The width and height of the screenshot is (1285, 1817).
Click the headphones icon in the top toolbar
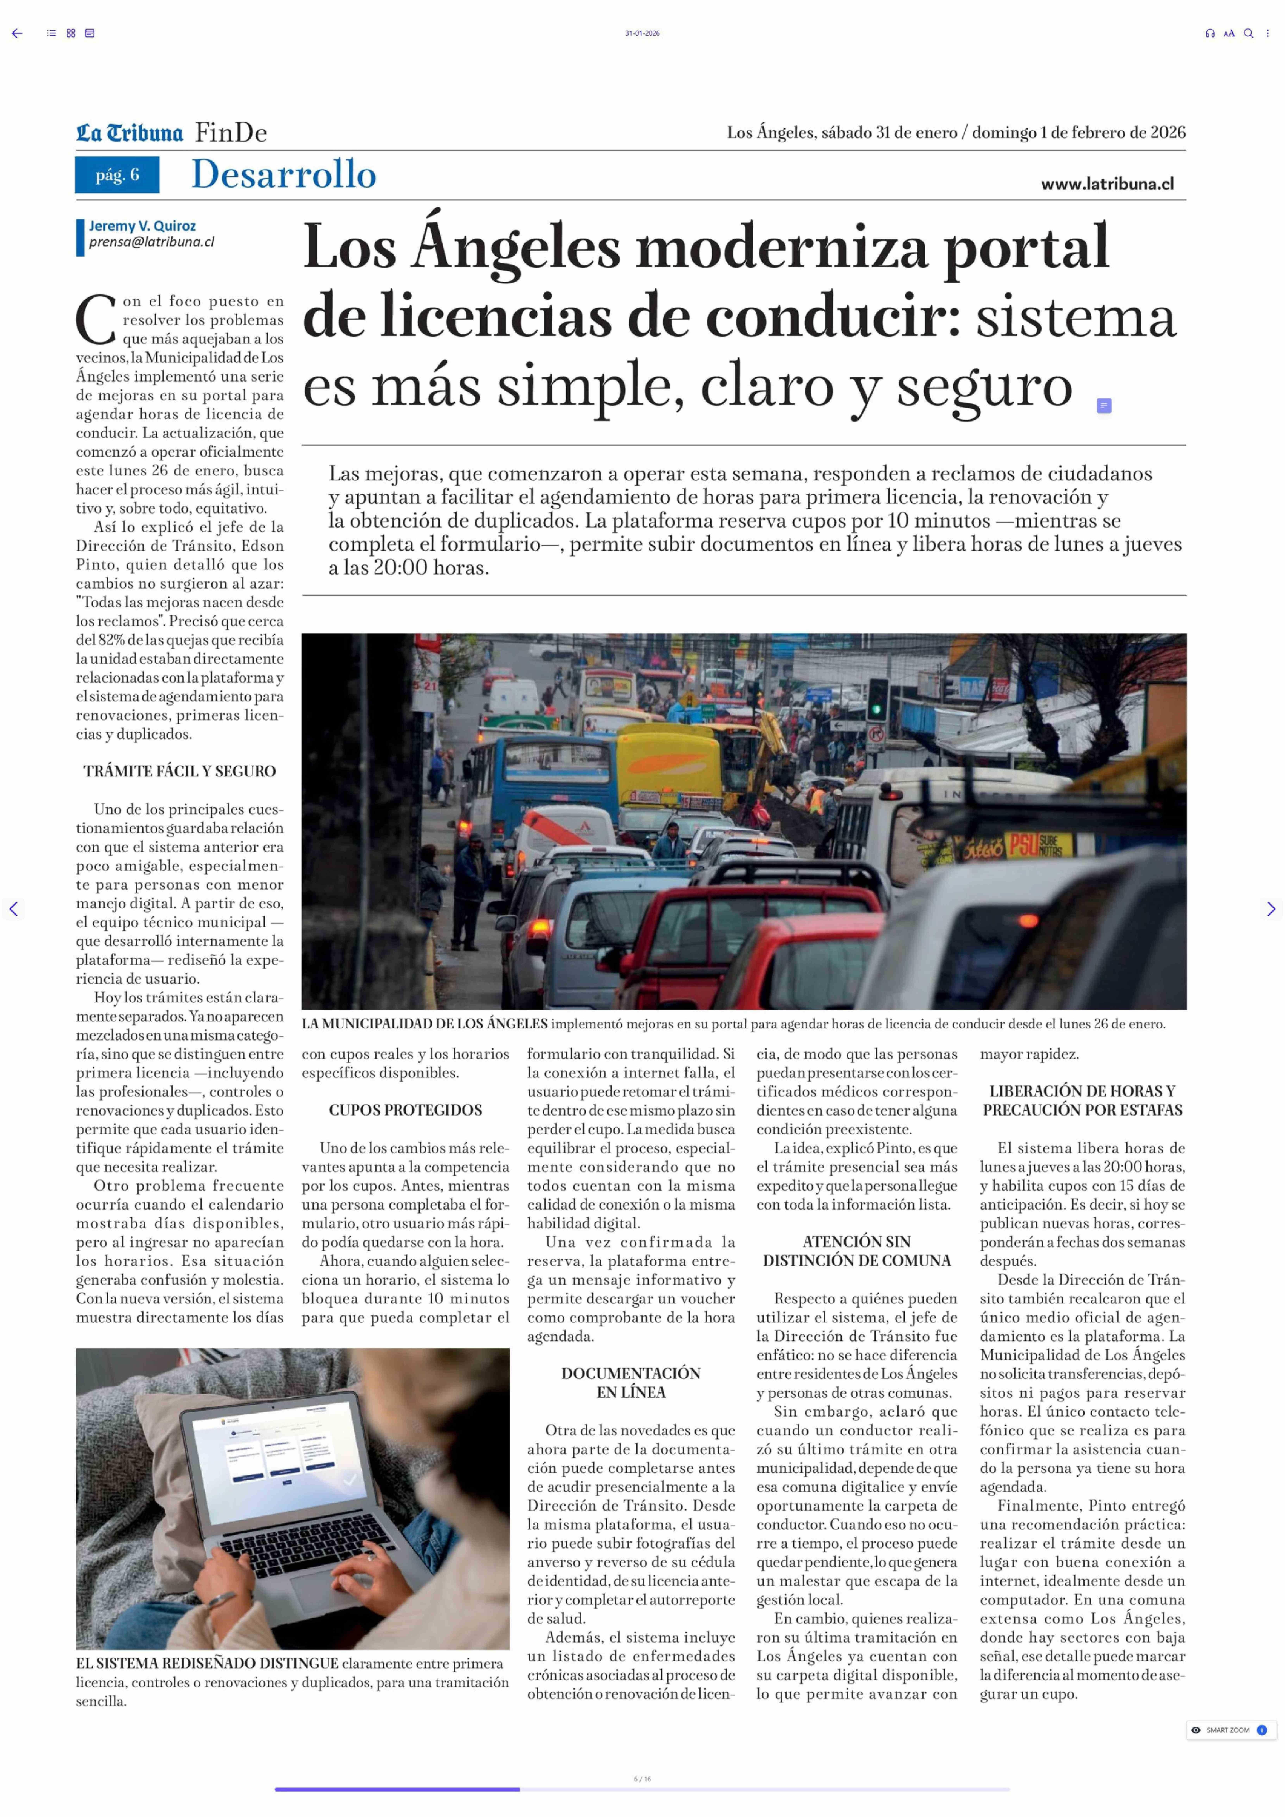pos(1210,33)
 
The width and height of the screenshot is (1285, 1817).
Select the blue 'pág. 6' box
pos(117,175)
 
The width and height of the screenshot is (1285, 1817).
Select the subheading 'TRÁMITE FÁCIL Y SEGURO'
pos(180,772)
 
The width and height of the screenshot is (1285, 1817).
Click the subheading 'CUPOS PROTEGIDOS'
pos(405,1110)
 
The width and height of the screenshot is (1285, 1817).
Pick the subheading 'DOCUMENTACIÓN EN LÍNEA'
pos(631,1382)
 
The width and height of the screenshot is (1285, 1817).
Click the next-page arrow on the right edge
pos(1271,909)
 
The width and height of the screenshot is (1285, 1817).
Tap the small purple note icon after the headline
pos(1104,406)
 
